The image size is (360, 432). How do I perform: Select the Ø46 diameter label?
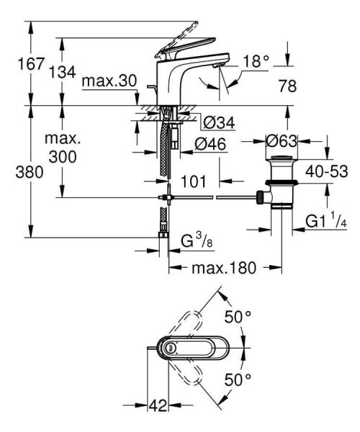click(211, 144)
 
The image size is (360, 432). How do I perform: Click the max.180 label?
click(224, 268)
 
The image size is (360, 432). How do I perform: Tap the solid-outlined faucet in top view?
click(190, 348)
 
